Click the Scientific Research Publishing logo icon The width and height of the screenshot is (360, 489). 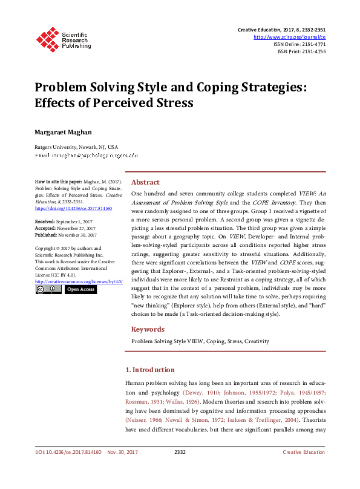(x=46, y=38)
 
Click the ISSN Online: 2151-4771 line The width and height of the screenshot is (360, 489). (x=299, y=44)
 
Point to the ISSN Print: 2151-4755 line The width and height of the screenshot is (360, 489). (x=301, y=51)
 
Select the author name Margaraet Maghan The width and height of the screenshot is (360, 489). (x=64, y=131)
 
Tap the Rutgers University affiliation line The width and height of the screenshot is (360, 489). (x=76, y=147)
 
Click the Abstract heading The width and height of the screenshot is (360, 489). (x=145, y=182)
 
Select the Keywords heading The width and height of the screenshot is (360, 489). (x=148, y=329)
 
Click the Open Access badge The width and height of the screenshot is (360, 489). (x=80, y=289)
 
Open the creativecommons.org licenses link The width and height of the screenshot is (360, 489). (x=79, y=281)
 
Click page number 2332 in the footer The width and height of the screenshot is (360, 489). (x=180, y=469)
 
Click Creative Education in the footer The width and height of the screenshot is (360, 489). (x=304, y=469)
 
